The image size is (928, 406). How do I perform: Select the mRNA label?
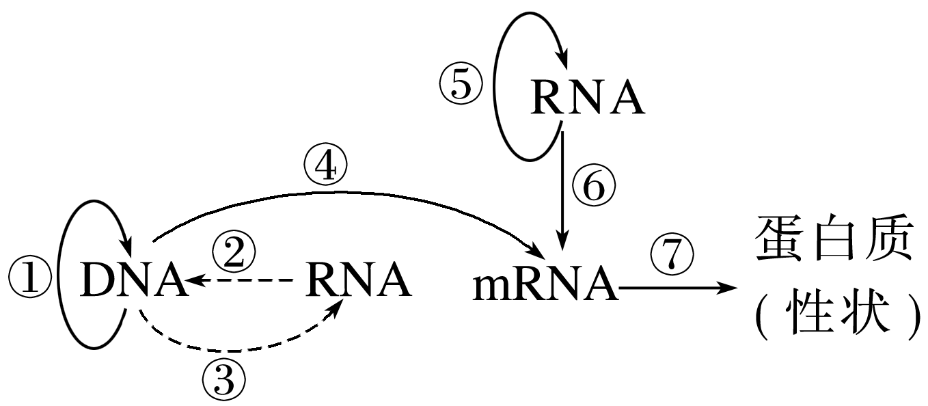[x=545, y=286]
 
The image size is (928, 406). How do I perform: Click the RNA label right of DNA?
[x=359, y=280]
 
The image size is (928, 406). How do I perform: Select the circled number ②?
[x=234, y=253]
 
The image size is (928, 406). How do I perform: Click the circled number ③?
[x=224, y=380]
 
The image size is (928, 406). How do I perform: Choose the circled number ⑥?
[x=593, y=186]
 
